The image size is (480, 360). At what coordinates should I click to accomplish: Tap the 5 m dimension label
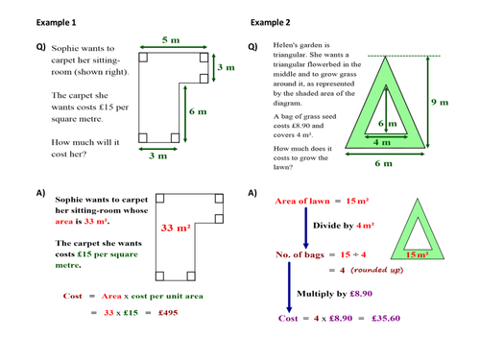click(171, 40)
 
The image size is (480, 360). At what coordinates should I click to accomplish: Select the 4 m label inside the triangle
click(381, 142)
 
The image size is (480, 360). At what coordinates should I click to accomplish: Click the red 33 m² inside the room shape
click(175, 228)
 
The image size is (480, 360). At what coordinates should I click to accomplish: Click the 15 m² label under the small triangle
click(417, 256)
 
